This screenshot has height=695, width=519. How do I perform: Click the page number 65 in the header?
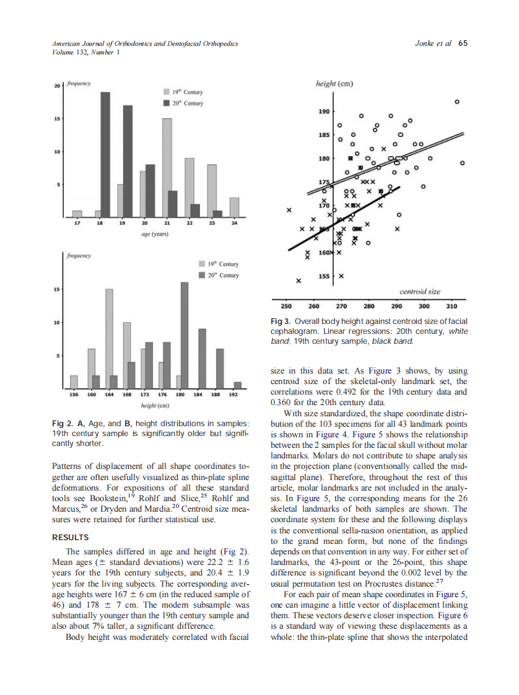pyautogui.click(x=463, y=44)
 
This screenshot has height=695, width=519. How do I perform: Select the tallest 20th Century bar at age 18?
pyautogui.click(x=105, y=154)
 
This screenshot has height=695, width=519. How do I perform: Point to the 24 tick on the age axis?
pyautogui.click(x=234, y=223)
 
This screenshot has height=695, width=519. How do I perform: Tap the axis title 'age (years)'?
pyautogui.click(x=151, y=235)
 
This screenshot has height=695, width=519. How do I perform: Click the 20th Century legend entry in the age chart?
pyautogui.click(x=183, y=103)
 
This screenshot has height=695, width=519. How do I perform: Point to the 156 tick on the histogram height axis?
pyautogui.click(x=74, y=394)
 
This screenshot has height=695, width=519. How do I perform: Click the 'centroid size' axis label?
pyautogui.click(x=420, y=291)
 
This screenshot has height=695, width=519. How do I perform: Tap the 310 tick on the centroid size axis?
pyautogui.click(x=451, y=306)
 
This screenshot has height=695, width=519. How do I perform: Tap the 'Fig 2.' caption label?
pyautogui.click(x=63, y=423)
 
